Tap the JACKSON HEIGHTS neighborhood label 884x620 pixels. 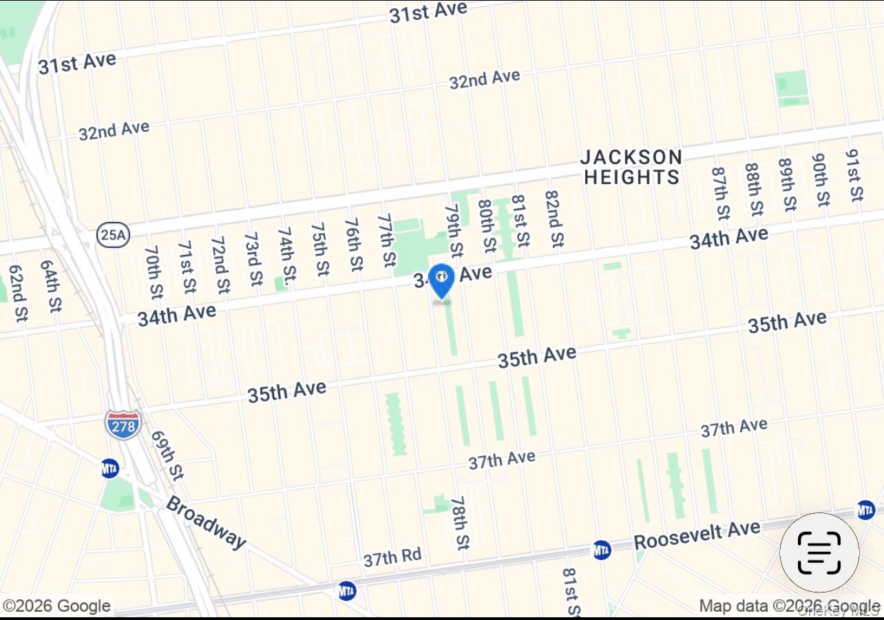tap(631, 167)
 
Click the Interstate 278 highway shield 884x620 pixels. tap(123, 424)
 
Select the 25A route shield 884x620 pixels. tap(112, 235)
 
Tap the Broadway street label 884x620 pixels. tap(205, 522)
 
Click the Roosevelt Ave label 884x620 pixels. tap(697, 535)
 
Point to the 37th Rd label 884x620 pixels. tap(392, 557)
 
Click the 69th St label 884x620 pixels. tap(167, 455)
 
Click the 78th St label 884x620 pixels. tap(460, 522)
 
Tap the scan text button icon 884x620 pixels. tap(819, 552)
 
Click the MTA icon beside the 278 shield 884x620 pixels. tap(109, 468)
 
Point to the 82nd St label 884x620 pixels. tap(554, 219)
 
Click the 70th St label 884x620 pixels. tap(154, 272)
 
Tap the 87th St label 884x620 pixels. tap(720, 193)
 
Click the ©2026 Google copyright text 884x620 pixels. tap(57, 606)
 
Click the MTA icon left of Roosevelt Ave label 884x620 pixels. tap(602, 550)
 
